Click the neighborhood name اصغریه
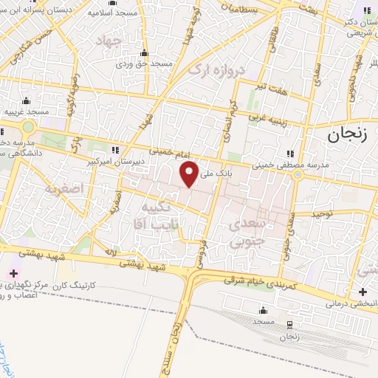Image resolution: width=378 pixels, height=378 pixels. pos(61,188)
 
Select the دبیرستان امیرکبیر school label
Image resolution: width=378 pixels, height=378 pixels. pos(111,160)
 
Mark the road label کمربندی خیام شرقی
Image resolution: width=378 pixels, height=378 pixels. pos(258,281)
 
